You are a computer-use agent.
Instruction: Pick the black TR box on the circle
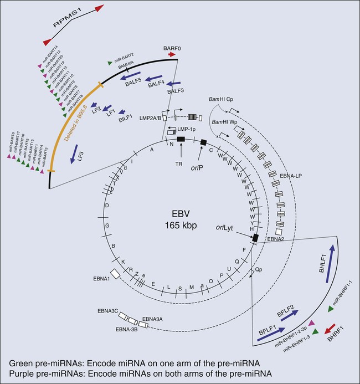tap(180, 139)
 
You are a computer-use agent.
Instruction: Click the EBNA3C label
tap(122, 312)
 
